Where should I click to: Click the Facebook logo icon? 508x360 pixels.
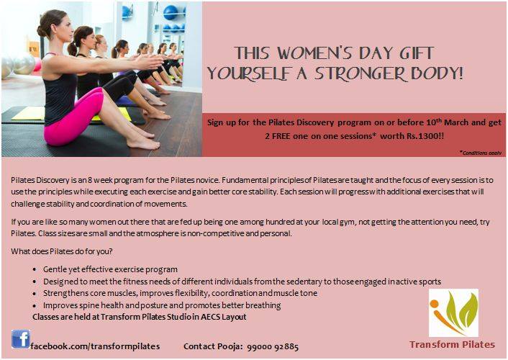pyautogui.click(x=21, y=339)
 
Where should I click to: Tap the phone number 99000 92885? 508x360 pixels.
pyautogui.click(x=273, y=347)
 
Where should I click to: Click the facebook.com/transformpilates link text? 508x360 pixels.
pyautogui.click(x=95, y=346)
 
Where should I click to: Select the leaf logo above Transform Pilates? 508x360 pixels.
pyautogui.click(x=453, y=313)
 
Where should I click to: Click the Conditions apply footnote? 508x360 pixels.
pyautogui.click(x=481, y=153)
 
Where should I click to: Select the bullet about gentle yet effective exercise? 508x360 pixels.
pyautogui.click(x=110, y=269)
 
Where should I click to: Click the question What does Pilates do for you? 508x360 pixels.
pyautogui.click(x=62, y=252)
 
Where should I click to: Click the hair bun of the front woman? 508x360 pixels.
pyautogui.click(x=42, y=30)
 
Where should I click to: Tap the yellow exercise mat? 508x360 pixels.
pyautogui.click(x=28, y=114)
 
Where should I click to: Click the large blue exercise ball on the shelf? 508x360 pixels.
pyautogui.click(x=171, y=13)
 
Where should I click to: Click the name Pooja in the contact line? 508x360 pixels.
pyautogui.click(x=229, y=346)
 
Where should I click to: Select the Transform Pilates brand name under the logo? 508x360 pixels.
pyautogui.click(x=453, y=344)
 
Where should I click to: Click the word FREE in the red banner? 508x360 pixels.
pyautogui.click(x=281, y=136)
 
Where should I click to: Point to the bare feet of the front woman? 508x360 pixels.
pyautogui.click(x=143, y=140)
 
